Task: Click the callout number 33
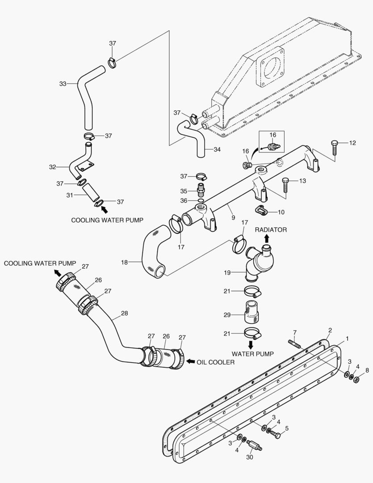coord(63,83)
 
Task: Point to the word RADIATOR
coord(271,229)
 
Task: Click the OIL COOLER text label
coord(215,362)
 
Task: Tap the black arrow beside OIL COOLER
coord(190,361)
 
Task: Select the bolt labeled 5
coord(275,434)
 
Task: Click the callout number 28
coord(124,313)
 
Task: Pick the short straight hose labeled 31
coord(91,193)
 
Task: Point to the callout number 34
coord(217,149)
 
